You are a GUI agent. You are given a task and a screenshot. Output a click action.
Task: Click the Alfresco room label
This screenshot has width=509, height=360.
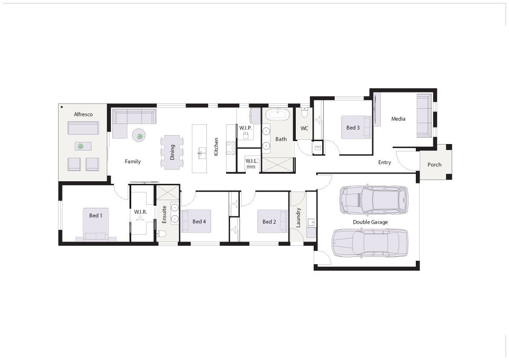(83, 114)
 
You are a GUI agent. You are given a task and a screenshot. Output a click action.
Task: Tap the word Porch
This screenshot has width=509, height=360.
(434, 165)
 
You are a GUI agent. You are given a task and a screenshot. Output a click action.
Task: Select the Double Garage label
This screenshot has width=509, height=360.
(371, 222)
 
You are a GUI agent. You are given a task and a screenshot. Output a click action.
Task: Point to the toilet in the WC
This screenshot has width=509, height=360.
(304, 112)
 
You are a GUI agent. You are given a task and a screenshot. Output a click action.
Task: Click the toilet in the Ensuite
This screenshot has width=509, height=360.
(162, 234)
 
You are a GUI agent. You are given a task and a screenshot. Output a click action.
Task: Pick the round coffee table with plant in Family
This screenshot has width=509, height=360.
(140, 135)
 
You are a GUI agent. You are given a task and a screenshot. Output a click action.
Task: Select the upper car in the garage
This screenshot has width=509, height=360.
(374, 200)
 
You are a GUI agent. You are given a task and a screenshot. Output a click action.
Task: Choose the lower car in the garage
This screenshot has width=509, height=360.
(370, 243)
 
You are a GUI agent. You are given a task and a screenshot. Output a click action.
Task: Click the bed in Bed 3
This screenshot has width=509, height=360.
(356, 127)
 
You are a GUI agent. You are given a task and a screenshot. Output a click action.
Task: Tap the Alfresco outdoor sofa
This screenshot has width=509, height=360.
(83, 128)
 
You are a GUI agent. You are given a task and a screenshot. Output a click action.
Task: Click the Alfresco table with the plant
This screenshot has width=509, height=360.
(83, 146)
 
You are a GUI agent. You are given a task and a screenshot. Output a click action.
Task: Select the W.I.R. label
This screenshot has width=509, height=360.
(141, 212)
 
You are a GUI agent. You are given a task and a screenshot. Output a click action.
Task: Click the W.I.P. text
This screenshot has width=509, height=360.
(245, 128)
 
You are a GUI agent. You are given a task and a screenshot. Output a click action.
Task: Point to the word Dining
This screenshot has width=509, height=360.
(172, 152)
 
